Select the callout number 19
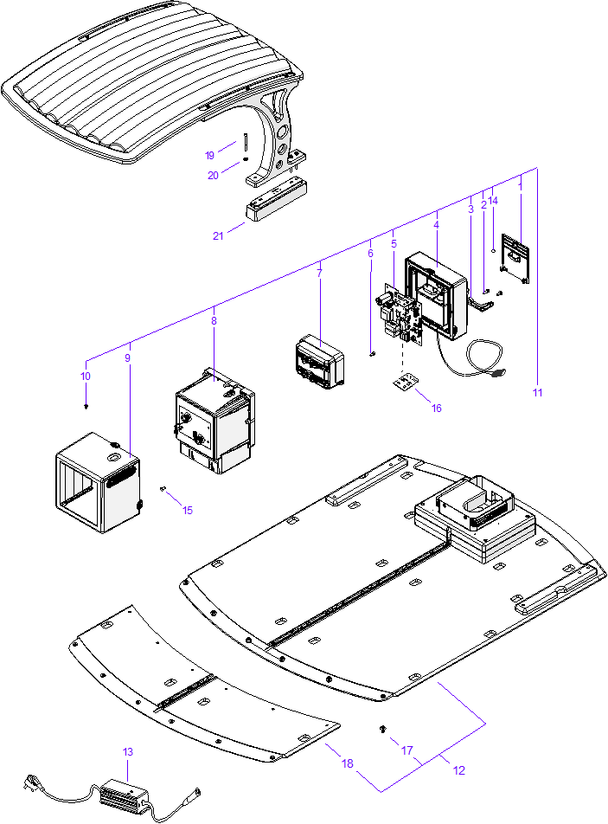click(x=209, y=156)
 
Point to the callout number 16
click(x=436, y=408)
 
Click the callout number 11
click(x=537, y=392)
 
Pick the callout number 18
click(x=348, y=763)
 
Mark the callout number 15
click(x=188, y=510)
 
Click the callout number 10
click(x=85, y=377)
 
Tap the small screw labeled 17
click(x=382, y=731)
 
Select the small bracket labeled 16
click(x=405, y=381)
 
